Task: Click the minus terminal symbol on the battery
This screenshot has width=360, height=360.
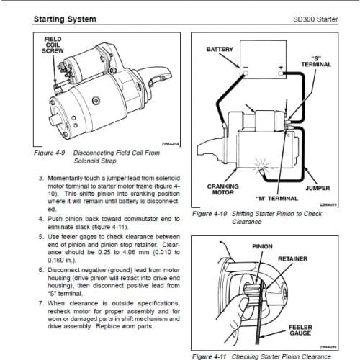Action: click(x=245, y=73)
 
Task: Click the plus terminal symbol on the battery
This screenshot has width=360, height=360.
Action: click(x=282, y=73)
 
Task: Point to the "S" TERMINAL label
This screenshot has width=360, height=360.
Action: click(x=315, y=61)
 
